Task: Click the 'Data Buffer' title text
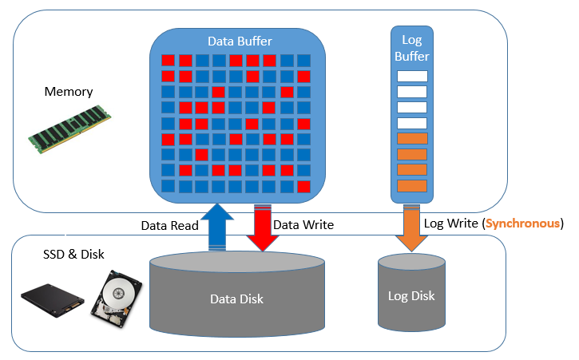pos(240,41)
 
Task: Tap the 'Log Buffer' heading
pos(412,48)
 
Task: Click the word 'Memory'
pos(69,92)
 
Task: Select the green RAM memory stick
pos(69,129)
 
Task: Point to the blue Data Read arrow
pos(217,227)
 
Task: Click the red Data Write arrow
pos(263,227)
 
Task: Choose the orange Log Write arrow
pos(412,227)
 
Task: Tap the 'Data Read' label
pos(170,226)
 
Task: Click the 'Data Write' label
pos(303,225)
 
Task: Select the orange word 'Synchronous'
pos(522,224)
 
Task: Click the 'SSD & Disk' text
pos(73,255)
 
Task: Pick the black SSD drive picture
pos(53,300)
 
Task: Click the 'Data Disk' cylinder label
pos(236,299)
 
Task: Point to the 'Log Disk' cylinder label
pos(411,296)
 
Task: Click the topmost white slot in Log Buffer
pos(412,76)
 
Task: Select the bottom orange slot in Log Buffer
pos(412,186)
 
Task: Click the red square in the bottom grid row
pos(304,187)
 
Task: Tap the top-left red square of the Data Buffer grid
pos(168,61)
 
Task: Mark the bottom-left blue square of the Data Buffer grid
pos(168,186)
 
